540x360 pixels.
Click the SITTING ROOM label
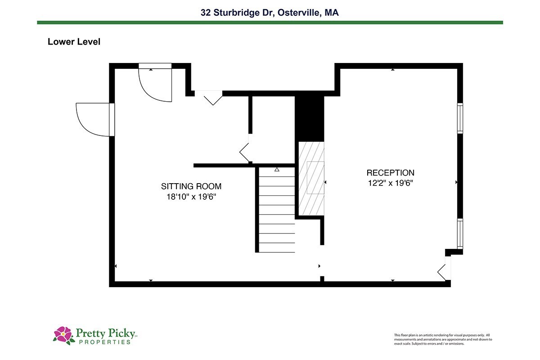click(x=191, y=186)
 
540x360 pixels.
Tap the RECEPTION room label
click(x=390, y=173)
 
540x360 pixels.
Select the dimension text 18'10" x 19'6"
click(x=191, y=197)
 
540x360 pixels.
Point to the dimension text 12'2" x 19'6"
click(x=390, y=183)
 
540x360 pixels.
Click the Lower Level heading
click(x=74, y=42)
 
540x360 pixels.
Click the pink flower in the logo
click(x=63, y=334)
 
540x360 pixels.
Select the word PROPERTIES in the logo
click(x=105, y=342)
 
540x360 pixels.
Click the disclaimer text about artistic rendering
click(x=443, y=339)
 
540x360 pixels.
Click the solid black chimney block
click(x=310, y=116)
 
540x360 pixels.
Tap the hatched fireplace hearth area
click(x=311, y=178)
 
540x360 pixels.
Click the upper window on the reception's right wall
click(x=460, y=118)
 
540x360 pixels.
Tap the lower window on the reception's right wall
click(x=460, y=234)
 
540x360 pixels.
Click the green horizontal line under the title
click(x=270, y=22)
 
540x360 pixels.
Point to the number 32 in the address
click(x=206, y=13)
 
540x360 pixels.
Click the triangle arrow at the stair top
click(x=277, y=170)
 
